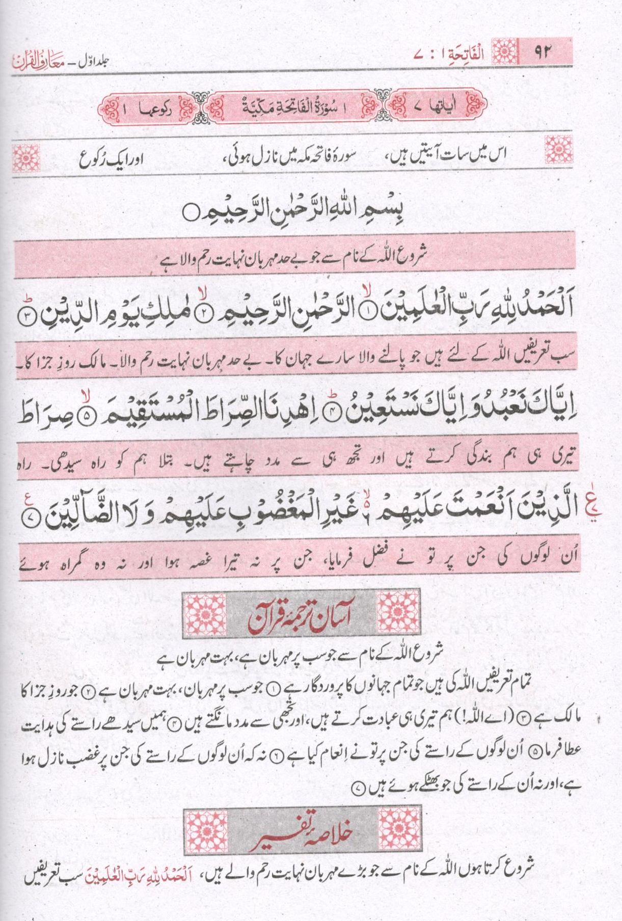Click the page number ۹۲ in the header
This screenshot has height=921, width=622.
(543, 51)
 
